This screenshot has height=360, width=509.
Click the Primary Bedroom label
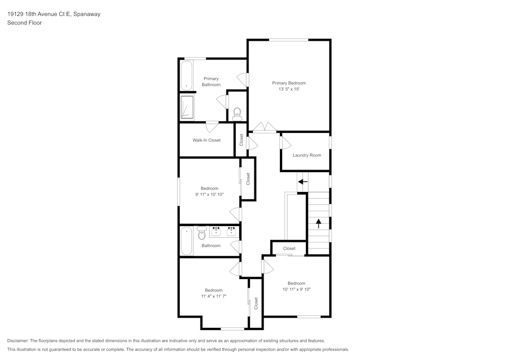[289, 83]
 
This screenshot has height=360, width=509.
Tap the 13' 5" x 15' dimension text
[289, 89]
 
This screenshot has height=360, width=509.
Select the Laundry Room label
[307, 155]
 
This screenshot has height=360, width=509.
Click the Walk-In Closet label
[206, 140]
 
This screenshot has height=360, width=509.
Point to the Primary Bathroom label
[211, 81]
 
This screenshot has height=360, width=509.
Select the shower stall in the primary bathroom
[187, 107]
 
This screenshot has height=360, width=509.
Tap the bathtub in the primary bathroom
[186, 75]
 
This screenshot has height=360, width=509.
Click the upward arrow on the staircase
[319, 223]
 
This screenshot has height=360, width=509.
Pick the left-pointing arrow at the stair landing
[303, 181]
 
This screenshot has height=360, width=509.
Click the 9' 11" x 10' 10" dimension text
[209, 195]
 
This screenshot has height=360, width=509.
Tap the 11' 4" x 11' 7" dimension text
[213, 296]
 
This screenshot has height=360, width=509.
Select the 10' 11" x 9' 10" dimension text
[296, 289]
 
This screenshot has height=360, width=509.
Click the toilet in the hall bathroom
[201, 233]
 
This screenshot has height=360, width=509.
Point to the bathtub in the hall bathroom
[186, 240]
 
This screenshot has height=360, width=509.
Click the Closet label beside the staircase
[289, 248]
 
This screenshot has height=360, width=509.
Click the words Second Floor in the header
[24, 23]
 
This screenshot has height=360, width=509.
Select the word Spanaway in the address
[87, 14]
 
